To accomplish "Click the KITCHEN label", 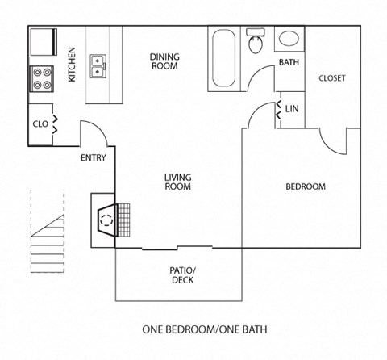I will [72, 65].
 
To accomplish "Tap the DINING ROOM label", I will [164, 61].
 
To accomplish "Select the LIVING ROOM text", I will [177, 182].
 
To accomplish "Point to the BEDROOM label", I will [306, 186].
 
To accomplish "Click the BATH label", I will [289, 62].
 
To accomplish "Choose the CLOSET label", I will [332, 78].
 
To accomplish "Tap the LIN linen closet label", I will [293, 107].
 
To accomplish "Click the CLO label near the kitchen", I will [40, 124].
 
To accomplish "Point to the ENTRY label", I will [93, 158].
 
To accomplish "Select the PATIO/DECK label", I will [182, 275].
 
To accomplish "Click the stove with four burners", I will [42, 78].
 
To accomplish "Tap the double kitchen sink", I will [99, 64].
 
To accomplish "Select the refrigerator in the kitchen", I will [42, 40].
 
